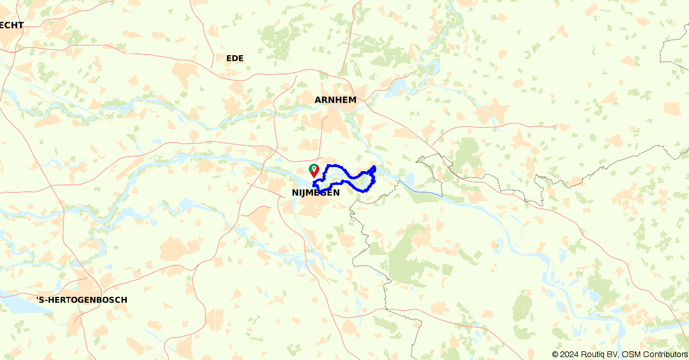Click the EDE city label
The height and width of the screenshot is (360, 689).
click(235, 59)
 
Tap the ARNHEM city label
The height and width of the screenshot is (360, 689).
click(335, 100)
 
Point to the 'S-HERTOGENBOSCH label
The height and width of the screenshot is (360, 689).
click(82, 300)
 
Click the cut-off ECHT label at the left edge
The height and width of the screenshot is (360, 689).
click(11, 25)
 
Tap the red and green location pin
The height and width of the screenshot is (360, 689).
click(314, 170)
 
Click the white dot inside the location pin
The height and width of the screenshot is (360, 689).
click(314, 168)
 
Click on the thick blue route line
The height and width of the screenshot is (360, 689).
click(339, 167)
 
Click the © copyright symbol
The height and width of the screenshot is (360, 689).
click(555, 354)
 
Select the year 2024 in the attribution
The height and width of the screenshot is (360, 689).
click(569, 354)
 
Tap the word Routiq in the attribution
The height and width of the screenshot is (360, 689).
click(593, 354)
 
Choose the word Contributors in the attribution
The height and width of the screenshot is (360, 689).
click(665, 354)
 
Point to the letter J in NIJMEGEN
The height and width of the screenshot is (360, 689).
click(300, 193)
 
